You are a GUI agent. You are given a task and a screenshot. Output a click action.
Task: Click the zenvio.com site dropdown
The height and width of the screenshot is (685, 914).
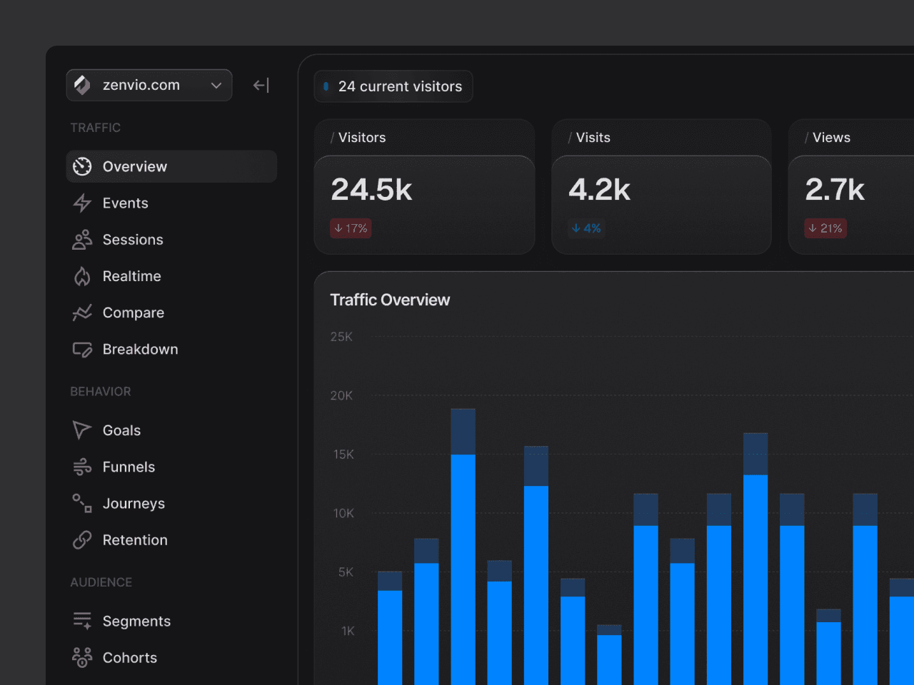click(x=149, y=86)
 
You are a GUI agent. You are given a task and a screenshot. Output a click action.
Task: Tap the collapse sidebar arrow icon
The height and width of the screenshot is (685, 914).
click(x=261, y=86)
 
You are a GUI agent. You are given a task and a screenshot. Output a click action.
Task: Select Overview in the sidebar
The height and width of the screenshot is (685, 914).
click(x=135, y=166)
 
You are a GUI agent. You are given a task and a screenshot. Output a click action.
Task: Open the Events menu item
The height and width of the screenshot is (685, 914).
click(x=125, y=203)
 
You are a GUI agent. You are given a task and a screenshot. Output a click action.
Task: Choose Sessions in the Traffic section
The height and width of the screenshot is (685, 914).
click(x=133, y=240)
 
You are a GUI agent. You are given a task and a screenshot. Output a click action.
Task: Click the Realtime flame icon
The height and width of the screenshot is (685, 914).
click(x=82, y=276)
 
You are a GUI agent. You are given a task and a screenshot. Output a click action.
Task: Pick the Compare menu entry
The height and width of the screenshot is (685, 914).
click(x=133, y=313)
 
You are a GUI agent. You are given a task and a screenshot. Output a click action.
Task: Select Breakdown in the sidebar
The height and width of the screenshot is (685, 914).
click(x=140, y=350)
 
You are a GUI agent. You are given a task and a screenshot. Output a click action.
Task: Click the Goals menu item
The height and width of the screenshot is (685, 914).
click(x=121, y=430)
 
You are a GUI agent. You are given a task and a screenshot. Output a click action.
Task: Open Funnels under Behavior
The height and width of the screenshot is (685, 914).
click(x=129, y=467)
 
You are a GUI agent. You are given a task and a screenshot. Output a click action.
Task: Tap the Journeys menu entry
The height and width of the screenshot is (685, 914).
click(x=134, y=504)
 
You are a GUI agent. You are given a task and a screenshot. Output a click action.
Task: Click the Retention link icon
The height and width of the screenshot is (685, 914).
click(x=82, y=540)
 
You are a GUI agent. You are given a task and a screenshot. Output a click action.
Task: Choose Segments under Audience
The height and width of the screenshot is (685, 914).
click(x=136, y=621)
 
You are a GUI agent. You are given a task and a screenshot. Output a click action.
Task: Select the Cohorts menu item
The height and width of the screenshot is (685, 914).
click(x=129, y=658)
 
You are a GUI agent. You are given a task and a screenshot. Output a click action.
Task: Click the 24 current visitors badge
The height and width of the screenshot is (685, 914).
click(x=393, y=86)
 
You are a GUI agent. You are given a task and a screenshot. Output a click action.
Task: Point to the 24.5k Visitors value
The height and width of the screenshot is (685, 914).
click(x=371, y=190)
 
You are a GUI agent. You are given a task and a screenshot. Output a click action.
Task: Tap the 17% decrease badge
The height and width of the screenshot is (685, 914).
click(x=351, y=228)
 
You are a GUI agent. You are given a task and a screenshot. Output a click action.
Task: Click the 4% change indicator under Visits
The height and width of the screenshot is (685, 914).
click(x=586, y=228)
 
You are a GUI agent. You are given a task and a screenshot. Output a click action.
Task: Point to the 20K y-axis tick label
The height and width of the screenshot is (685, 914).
click(x=341, y=395)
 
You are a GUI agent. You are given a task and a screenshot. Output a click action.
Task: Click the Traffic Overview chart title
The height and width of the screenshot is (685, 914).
click(x=390, y=300)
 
